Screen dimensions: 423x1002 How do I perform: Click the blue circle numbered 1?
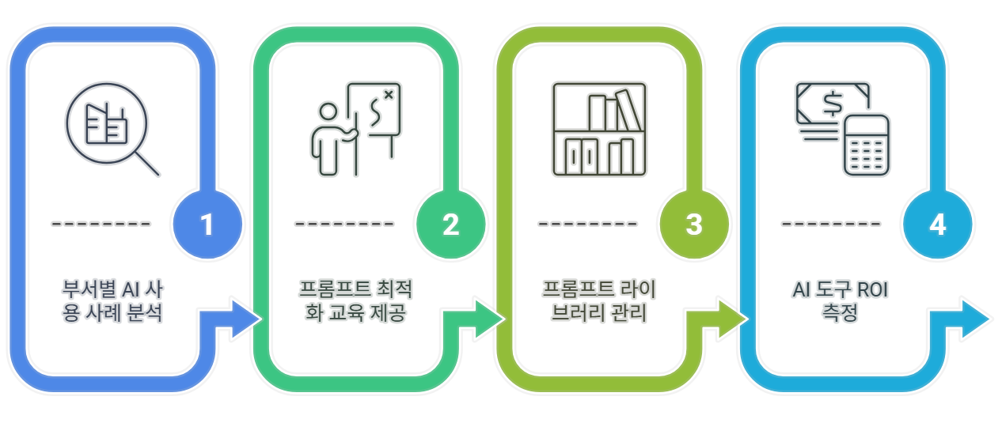tap(207, 225)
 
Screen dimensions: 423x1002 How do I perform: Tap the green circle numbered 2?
tap(450, 225)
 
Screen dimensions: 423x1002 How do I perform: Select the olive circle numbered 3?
tap(694, 225)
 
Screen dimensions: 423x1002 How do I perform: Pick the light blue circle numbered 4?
tap(937, 225)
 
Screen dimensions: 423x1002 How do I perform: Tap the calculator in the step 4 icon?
tap(866, 145)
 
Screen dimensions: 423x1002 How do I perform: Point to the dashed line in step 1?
tap(101, 223)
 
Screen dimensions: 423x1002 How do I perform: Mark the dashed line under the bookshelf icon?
tap(587, 223)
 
